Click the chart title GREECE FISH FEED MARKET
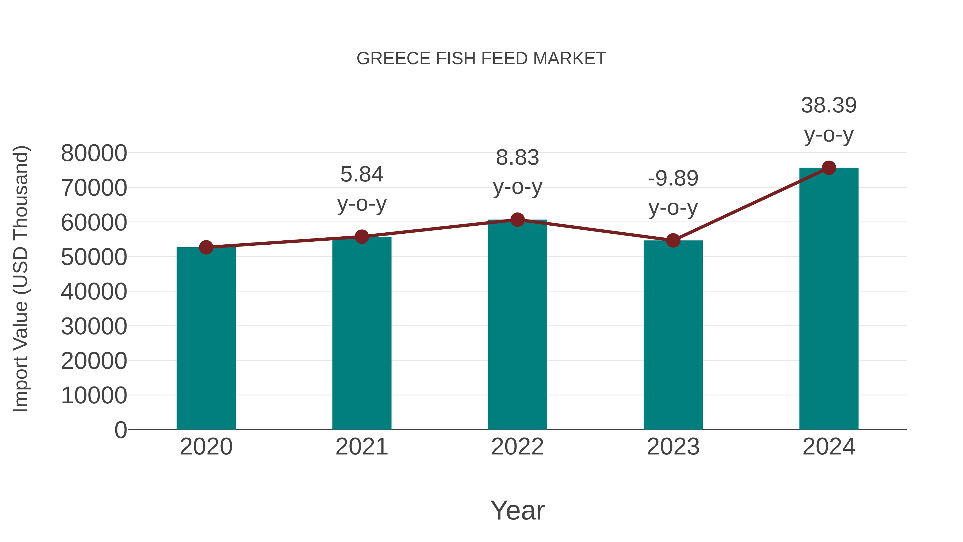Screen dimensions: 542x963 pos(481,59)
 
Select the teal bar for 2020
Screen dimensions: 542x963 pos(206,339)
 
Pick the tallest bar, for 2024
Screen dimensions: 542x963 pos(829,299)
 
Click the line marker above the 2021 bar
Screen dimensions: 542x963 pos(361,237)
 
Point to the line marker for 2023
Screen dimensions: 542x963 pos(673,241)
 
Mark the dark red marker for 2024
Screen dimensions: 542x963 pos(829,168)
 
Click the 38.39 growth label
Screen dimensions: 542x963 pos(829,105)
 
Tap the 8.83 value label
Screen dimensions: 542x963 pos(517,157)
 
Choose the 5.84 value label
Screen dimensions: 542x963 pos(361,174)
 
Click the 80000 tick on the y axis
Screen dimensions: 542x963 pos(94,153)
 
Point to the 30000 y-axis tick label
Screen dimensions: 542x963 pos(94,327)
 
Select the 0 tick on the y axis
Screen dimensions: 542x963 pos(121,430)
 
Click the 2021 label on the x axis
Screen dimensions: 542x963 pos(361,447)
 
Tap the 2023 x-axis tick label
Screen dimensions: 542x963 pos(673,447)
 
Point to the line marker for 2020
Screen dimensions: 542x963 pos(206,247)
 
